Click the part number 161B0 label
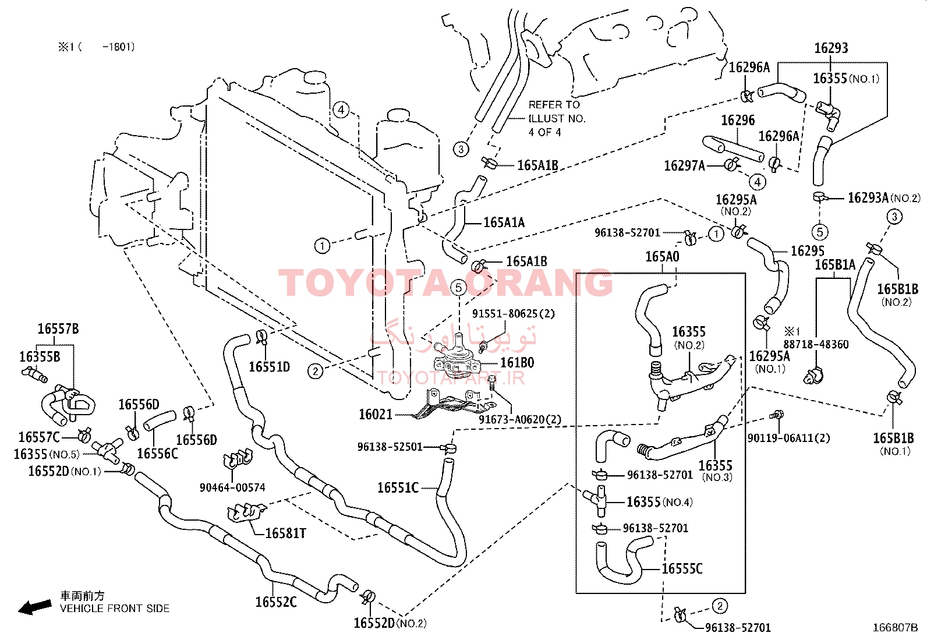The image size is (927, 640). tap(517, 363)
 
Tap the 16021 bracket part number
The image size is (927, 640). tap(376, 414)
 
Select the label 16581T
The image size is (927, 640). tap(285, 533)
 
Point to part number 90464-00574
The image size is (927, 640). tap(232, 487)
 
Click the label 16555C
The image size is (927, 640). tap(682, 569)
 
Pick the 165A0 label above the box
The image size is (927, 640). tap(662, 257)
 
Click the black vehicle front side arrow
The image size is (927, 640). tap(35, 607)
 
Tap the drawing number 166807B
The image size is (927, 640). tap(895, 628)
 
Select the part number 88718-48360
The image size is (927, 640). tap(816, 344)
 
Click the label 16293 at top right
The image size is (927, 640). tap(831, 48)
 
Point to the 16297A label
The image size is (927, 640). tap(684, 166)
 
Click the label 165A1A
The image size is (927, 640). tap(504, 222)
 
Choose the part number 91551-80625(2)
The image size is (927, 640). tap(513, 313)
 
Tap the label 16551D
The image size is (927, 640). tap(269, 367)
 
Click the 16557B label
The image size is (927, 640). tap(58, 328)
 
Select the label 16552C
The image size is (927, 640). tap(275, 602)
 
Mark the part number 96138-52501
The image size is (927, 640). tap(390, 447)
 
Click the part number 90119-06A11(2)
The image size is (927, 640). tap(788, 438)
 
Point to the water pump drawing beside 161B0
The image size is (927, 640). tap(457, 359)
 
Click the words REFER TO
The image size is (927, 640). tap(554, 105)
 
